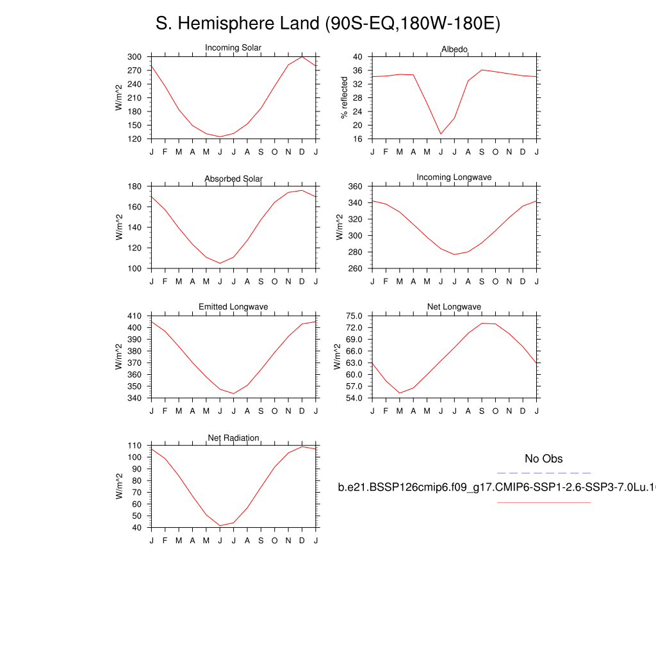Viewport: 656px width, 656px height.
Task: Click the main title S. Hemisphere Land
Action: click(327, 24)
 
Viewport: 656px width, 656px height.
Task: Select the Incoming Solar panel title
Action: click(233, 48)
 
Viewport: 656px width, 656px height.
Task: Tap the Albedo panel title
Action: click(454, 49)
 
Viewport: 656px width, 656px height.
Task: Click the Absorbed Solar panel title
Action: click(233, 179)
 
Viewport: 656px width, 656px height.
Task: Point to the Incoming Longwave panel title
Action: click(454, 177)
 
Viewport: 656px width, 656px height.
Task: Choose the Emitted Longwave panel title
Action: click(233, 307)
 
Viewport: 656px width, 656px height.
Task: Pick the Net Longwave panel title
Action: click(454, 307)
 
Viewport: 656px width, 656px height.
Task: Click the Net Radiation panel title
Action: click(233, 438)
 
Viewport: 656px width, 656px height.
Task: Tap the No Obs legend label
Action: click(543, 459)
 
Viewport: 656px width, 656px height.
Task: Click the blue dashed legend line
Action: click(543, 473)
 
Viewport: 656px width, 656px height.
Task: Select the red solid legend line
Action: click(543, 502)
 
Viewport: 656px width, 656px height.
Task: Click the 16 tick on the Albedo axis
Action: click(359, 139)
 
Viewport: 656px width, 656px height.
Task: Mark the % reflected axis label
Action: click(345, 97)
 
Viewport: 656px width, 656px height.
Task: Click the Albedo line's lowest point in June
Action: click(441, 134)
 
